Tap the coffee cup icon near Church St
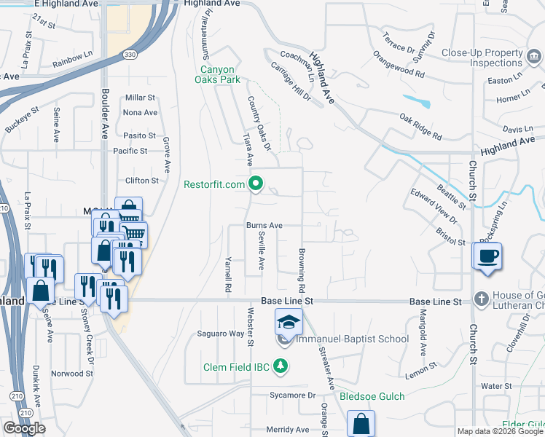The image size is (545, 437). [488, 256]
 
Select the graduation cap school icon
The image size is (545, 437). [289, 321]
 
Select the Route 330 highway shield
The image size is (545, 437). [128, 55]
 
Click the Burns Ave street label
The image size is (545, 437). [264, 226]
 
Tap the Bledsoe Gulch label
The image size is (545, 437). [372, 397]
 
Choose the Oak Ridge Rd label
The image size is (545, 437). [420, 126]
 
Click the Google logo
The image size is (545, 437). [24, 428]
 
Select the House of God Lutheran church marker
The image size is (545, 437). [480, 299]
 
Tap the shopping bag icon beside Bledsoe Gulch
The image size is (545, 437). [361, 422]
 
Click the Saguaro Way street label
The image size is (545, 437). [221, 334]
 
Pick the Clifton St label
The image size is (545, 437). [141, 181]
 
